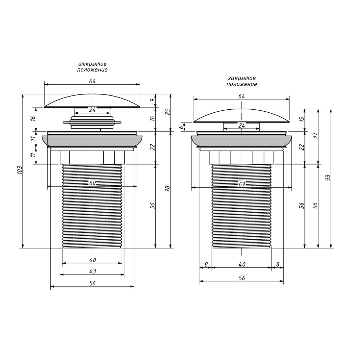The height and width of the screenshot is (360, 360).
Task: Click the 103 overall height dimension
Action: (20, 170)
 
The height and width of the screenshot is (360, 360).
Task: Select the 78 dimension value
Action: (167, 188)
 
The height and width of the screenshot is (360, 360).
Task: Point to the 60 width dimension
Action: (92, 183)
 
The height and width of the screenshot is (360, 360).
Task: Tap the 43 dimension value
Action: (92, 271)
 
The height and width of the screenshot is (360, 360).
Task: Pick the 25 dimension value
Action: (168, 112)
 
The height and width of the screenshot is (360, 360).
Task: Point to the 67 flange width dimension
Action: (242, 184)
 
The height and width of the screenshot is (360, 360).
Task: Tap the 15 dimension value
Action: (302, 119)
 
